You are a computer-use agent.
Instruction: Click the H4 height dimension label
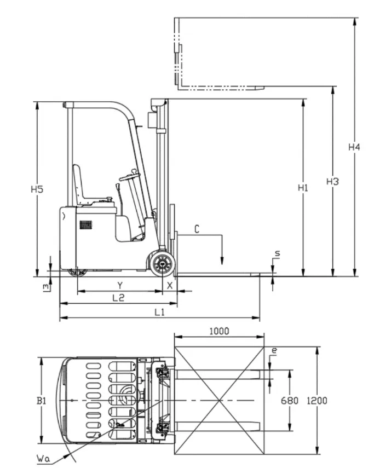click(x=354, y=147)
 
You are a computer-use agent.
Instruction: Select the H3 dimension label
click(x=332, y=181)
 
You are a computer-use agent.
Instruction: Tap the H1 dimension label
click(x=303, y=188)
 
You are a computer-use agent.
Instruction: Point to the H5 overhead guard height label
click(x=37, y=189)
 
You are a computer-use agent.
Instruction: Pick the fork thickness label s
click(x=278, y=253)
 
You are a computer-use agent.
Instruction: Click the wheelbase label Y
click(x=120, y=285)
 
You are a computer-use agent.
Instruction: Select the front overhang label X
click(x=170, y=285)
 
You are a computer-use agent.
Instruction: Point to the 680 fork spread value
click(x=289, y=401)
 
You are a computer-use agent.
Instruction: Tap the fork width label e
click(x=274, y=351)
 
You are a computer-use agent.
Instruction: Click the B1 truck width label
click(x=41, y=401)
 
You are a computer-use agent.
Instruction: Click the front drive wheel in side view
click(x=162, y=263)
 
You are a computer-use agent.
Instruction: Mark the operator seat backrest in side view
click(x=78, y=183)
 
